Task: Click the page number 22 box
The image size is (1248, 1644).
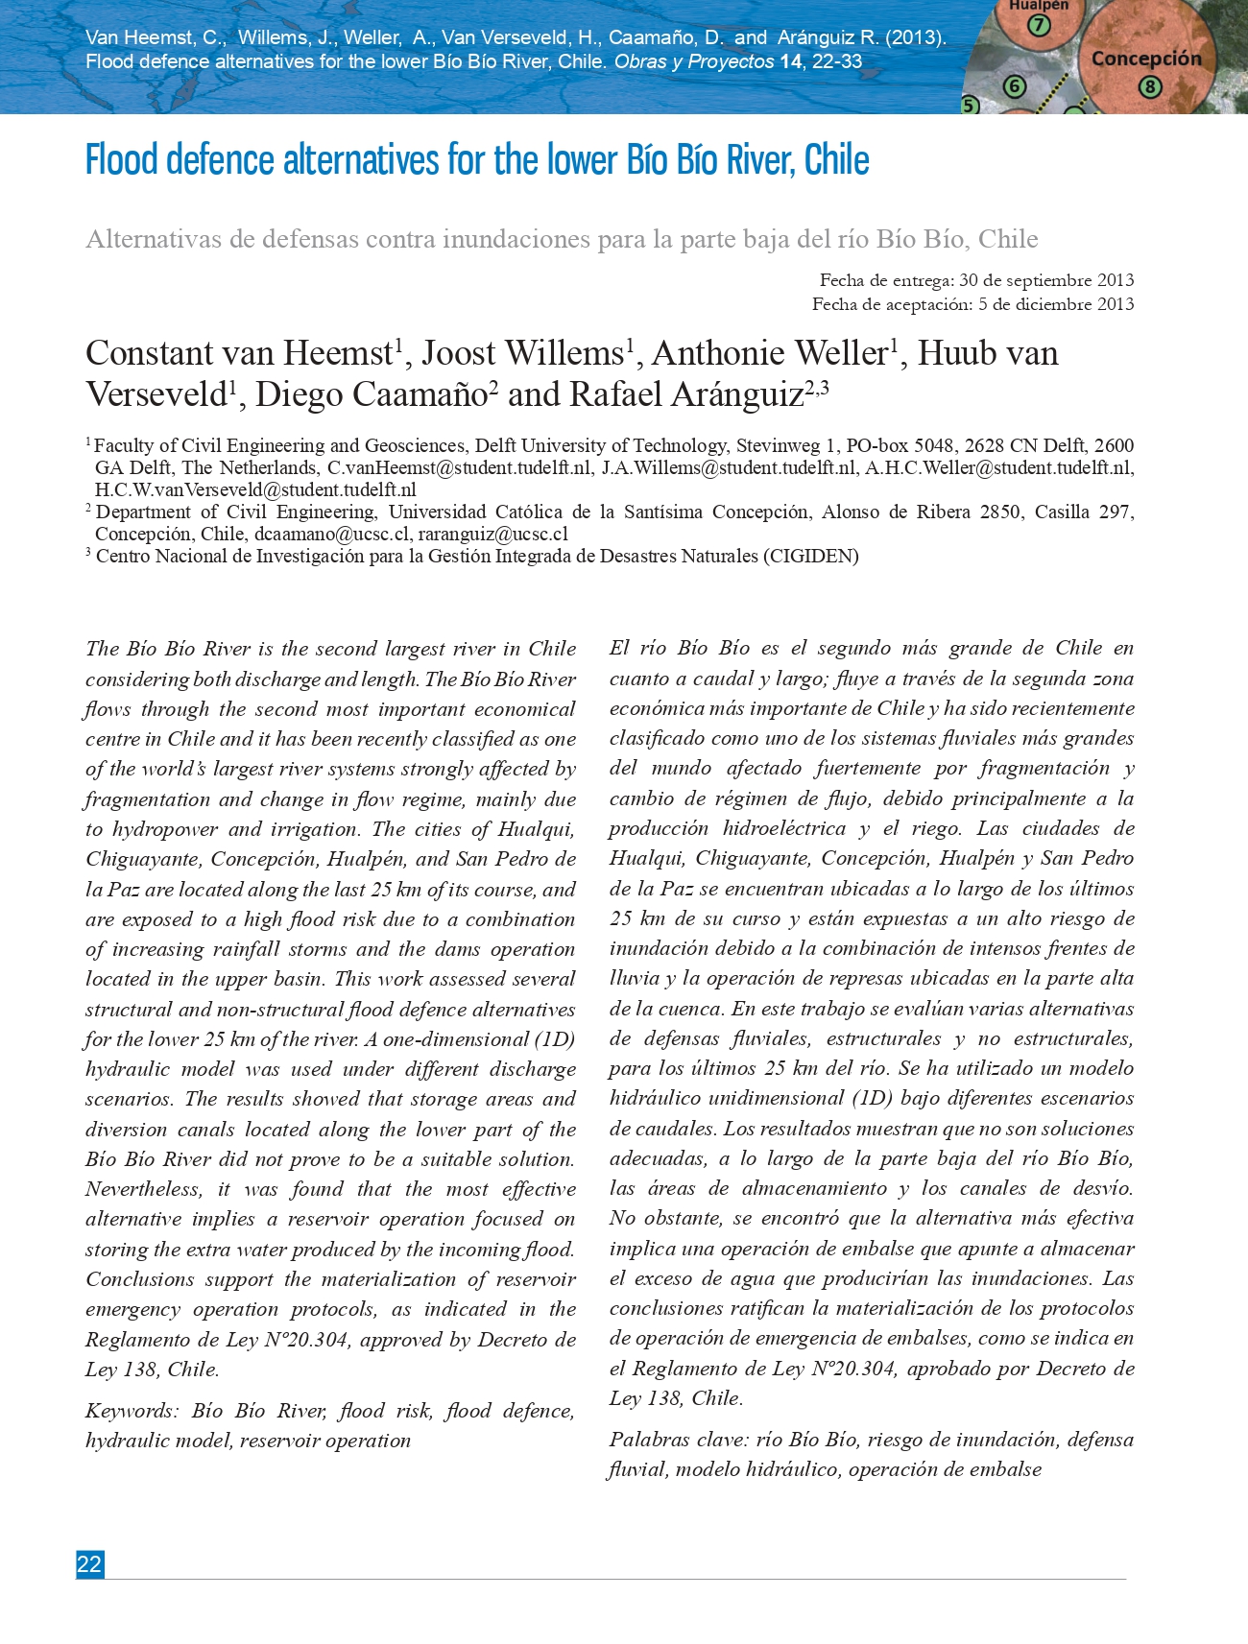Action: click(89, 1564)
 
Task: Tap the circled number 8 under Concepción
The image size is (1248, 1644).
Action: click(1150, 87)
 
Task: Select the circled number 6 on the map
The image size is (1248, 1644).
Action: click(1015, 86)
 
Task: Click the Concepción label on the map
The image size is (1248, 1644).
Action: click(1145, 59)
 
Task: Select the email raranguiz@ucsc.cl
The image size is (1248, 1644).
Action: click(492, 535)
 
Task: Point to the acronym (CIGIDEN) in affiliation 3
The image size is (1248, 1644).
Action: click(811, 557)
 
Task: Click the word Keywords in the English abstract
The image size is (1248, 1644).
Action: click(132, 1411)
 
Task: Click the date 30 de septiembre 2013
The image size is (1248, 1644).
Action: click(1045, 280)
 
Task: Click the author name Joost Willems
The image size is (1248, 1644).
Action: click(522, 353)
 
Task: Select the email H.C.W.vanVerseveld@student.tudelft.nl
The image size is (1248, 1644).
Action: click(255, 490)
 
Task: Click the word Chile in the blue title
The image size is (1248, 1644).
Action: click(836, 160)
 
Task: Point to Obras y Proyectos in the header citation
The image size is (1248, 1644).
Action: click(693, 62)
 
